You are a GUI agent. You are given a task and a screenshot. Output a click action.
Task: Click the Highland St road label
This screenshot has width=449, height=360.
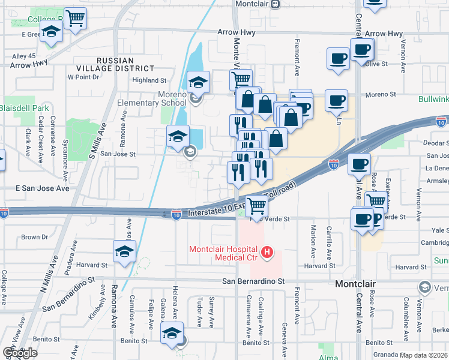(149, 80)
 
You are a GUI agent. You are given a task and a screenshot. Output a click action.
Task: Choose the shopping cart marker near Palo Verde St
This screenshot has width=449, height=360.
(257, 206)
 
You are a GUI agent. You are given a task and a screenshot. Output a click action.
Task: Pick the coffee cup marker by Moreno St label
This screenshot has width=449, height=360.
(336, 100)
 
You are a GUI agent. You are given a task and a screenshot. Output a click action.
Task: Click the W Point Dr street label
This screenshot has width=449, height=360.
(83, 77)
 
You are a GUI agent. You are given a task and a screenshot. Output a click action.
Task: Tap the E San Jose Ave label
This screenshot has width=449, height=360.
(42, 188)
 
